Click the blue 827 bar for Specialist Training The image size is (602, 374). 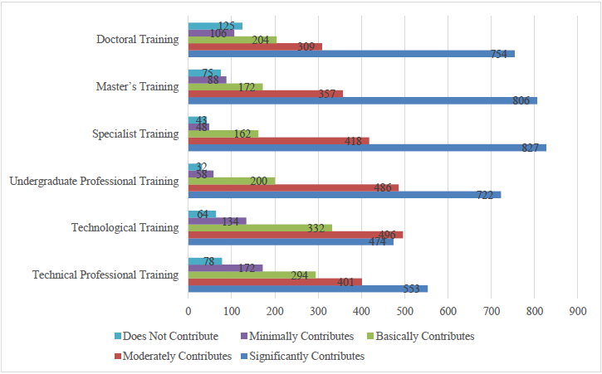tap(367, 148)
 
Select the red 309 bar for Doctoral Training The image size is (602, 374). tap(255, 46)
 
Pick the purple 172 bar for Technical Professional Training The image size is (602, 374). tap(225, 268)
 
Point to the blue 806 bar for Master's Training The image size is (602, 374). tap(363, 100)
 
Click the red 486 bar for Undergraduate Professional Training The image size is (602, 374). tap(293, 187)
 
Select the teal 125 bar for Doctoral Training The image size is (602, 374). tap(215, 26)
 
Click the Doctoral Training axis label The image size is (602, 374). tap(138, 40)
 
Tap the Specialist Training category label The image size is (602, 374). tap(137, 134)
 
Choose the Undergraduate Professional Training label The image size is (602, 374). tap(93, 181)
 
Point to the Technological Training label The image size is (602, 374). tap(125, 227)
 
